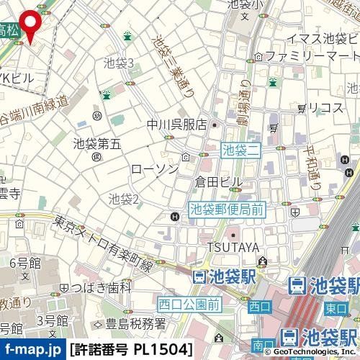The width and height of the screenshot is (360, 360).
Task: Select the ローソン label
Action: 155,168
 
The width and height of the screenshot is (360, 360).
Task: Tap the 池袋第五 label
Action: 96,143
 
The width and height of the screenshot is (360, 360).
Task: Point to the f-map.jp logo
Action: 32,350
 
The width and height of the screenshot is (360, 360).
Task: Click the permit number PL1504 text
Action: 132,350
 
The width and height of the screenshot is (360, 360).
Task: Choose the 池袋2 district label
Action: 123,197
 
